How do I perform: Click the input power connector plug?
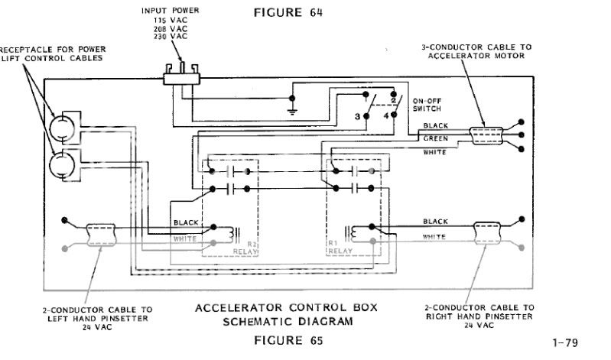tap(182, 72)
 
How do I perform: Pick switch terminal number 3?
tap(357, 115)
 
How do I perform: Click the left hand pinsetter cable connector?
tap(99, 233)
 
